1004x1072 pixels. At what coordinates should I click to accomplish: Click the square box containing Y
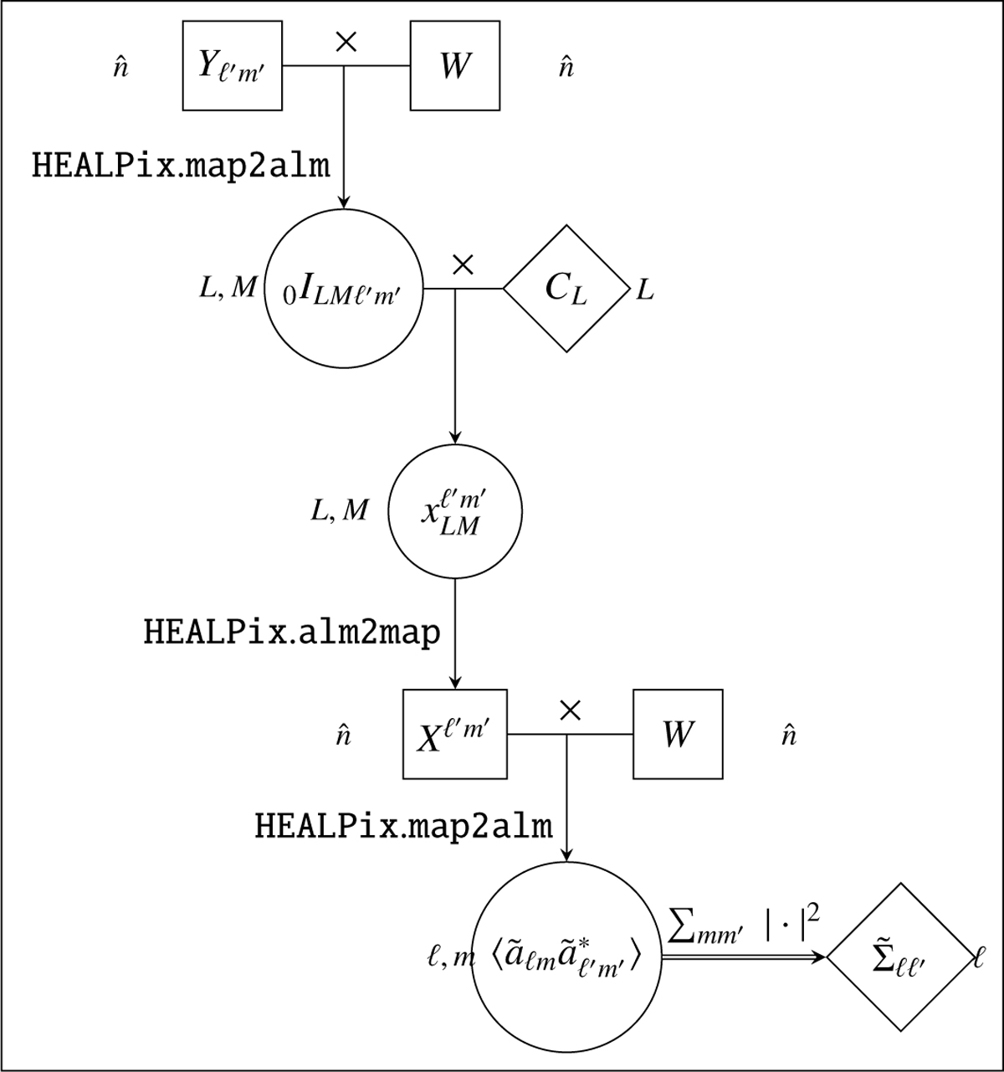pos(233,66)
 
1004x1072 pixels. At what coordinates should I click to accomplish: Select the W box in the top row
pos(454,66)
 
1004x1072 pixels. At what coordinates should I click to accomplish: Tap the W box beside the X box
pos(677,734)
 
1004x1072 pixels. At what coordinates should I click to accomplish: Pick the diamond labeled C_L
pos(566,289)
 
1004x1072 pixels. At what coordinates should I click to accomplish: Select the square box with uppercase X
pos(455,734)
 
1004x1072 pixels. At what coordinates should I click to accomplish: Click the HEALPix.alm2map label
pos(292,633)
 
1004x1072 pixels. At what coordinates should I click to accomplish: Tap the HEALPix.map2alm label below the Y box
pos(181,166)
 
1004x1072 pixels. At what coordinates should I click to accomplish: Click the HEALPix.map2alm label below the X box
pos(403,827)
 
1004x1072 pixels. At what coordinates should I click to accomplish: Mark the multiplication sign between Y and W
pos(346,43)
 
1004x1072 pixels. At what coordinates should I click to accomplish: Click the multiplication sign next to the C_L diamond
pos(462,265)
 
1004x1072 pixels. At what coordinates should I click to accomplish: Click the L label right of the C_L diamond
pos(645,292)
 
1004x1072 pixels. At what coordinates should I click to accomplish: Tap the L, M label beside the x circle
pos(339,510)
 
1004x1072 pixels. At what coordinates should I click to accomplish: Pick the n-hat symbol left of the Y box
pos(120,68)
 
